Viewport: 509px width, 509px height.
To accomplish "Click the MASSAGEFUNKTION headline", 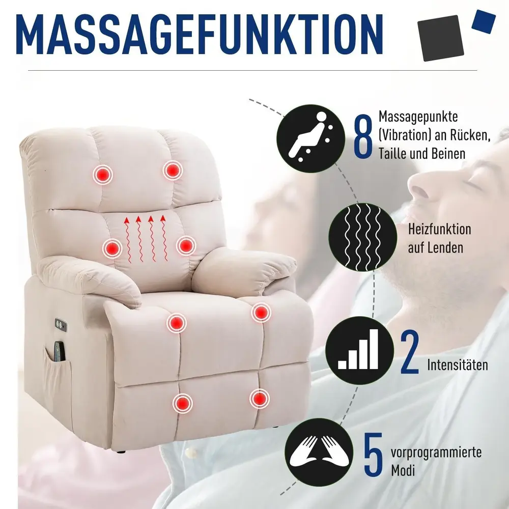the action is tap(200, 34).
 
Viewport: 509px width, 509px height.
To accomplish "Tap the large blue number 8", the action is tap(362, 136).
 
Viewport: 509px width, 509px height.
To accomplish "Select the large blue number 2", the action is tap(410, 352).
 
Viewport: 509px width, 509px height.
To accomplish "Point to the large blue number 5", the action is tap(373, 454).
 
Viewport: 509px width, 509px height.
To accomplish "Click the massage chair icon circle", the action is tap(310, 138).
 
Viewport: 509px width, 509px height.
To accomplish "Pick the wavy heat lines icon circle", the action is tap(362, 237).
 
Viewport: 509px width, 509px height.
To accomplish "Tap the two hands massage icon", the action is tap(319, 452).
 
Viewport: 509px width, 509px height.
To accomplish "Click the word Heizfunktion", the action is tap(440, 229).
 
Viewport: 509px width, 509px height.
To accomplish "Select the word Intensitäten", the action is tap(458, 365).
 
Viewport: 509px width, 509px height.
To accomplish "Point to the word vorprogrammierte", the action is tap(436, 452).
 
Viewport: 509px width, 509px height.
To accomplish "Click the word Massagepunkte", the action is tap(418, 117).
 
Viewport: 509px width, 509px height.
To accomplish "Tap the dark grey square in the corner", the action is tap(440, 38).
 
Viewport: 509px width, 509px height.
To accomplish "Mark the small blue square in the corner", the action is tap(484, 21).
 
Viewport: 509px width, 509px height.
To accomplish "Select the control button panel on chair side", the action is tap(61, 325).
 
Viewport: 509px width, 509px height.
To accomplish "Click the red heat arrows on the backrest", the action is tap(145, 239).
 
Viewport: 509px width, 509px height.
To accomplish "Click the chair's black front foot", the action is tap(121, 451).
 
